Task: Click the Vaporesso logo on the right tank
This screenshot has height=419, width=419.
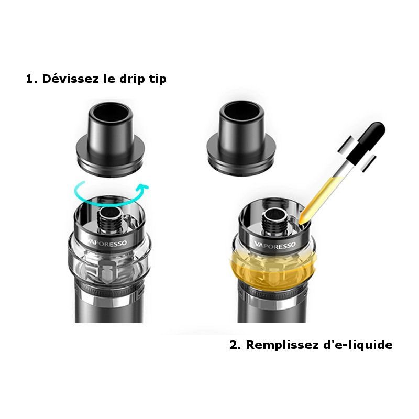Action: tap(275, 244)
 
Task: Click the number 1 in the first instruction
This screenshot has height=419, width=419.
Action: tap(29, 80)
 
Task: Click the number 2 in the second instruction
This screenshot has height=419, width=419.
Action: tap(234, 345)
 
